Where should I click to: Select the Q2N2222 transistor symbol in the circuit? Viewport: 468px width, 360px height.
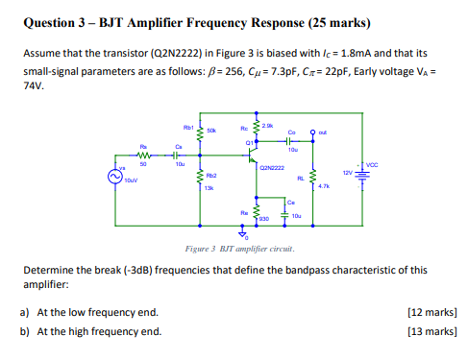[x=252, y=156]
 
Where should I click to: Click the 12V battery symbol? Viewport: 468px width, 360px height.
[x=361, y=173]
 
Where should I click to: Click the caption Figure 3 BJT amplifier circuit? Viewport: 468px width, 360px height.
[x=238, y=249]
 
